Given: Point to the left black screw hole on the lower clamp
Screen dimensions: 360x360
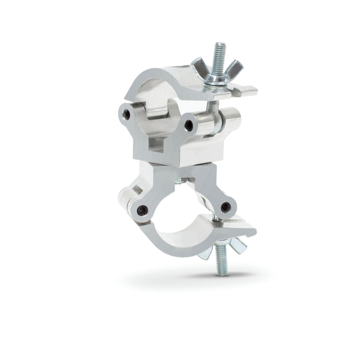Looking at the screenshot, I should (x=143, y=210).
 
